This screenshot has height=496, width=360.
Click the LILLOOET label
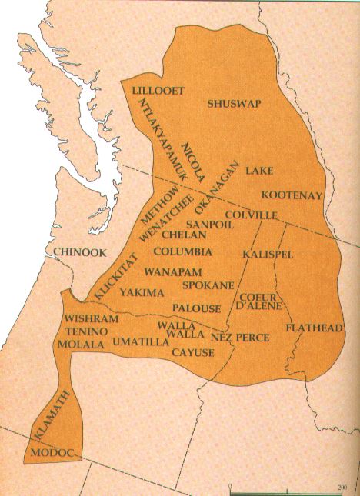[x=158, y=91]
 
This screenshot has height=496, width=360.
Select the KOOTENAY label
[x=292, y=195]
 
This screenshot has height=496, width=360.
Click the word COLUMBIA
[x=182, y=251]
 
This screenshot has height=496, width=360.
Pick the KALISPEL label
[x=268, y=254]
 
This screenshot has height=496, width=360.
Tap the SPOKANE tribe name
[x=208, y=285]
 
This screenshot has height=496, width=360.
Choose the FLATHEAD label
[x=314, y=328]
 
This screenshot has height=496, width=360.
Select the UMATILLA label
[x=141, y=341]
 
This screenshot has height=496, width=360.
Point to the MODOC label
[x=55, y=454]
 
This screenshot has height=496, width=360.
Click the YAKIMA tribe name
[x=142, y=293]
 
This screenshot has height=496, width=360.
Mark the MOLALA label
[x=81, y=345]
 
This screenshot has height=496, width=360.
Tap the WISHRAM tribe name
[x=92, y=318]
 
